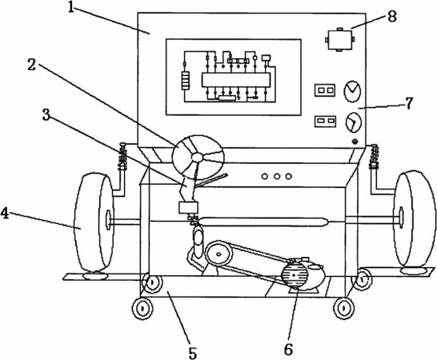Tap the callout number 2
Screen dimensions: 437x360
tap(31, 65)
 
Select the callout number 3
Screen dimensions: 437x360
tap(46, 114)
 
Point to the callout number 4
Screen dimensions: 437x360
tap(5, 214)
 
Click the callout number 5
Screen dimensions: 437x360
tap(193, 353)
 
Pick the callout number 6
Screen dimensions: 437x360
tap(288, 350)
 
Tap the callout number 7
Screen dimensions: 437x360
tap(408, 103)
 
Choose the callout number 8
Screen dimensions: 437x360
tap(391, 17)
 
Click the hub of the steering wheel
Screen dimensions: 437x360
tap(198, 158)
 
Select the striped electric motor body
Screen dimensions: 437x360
tap(295, 275)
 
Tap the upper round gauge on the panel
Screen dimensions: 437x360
tap(352, 91)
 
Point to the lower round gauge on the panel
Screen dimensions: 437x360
tap(353, 122)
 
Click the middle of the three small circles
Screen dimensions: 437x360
tap(277, 176)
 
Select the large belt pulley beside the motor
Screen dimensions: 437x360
tap(218, 254)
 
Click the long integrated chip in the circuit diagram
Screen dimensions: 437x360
tap(236, 80)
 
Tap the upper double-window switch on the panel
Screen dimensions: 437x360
tap(325, 90)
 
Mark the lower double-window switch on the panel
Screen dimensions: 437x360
tap(325, 121)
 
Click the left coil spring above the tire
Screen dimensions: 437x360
tap(122, 158)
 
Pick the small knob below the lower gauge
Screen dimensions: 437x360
tap(355, 142)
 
